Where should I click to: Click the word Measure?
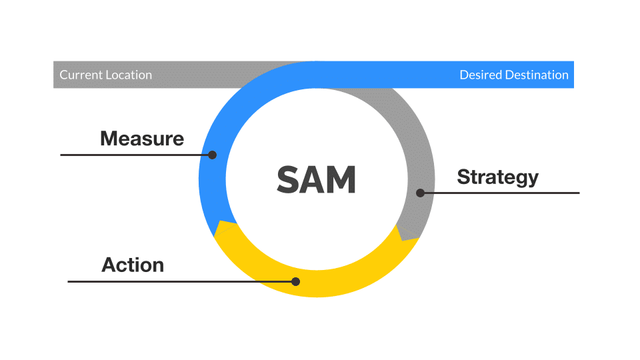click(142, 139)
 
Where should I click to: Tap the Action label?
click(133, 265)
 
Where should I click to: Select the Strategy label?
click(497, 177)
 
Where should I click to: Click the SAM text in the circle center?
click(316, 179)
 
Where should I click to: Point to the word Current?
click(81, 75)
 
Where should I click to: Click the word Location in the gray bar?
click(129, 75)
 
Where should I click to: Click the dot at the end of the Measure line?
click(212, 155)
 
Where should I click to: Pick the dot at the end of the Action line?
click(296, 281)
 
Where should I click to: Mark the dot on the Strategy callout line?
click(421, 193)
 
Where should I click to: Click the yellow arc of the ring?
click(317, 284)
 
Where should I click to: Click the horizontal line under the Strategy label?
click(500, 193)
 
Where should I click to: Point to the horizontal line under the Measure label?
click(136, 155)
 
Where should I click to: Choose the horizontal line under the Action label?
click(181, 281)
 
